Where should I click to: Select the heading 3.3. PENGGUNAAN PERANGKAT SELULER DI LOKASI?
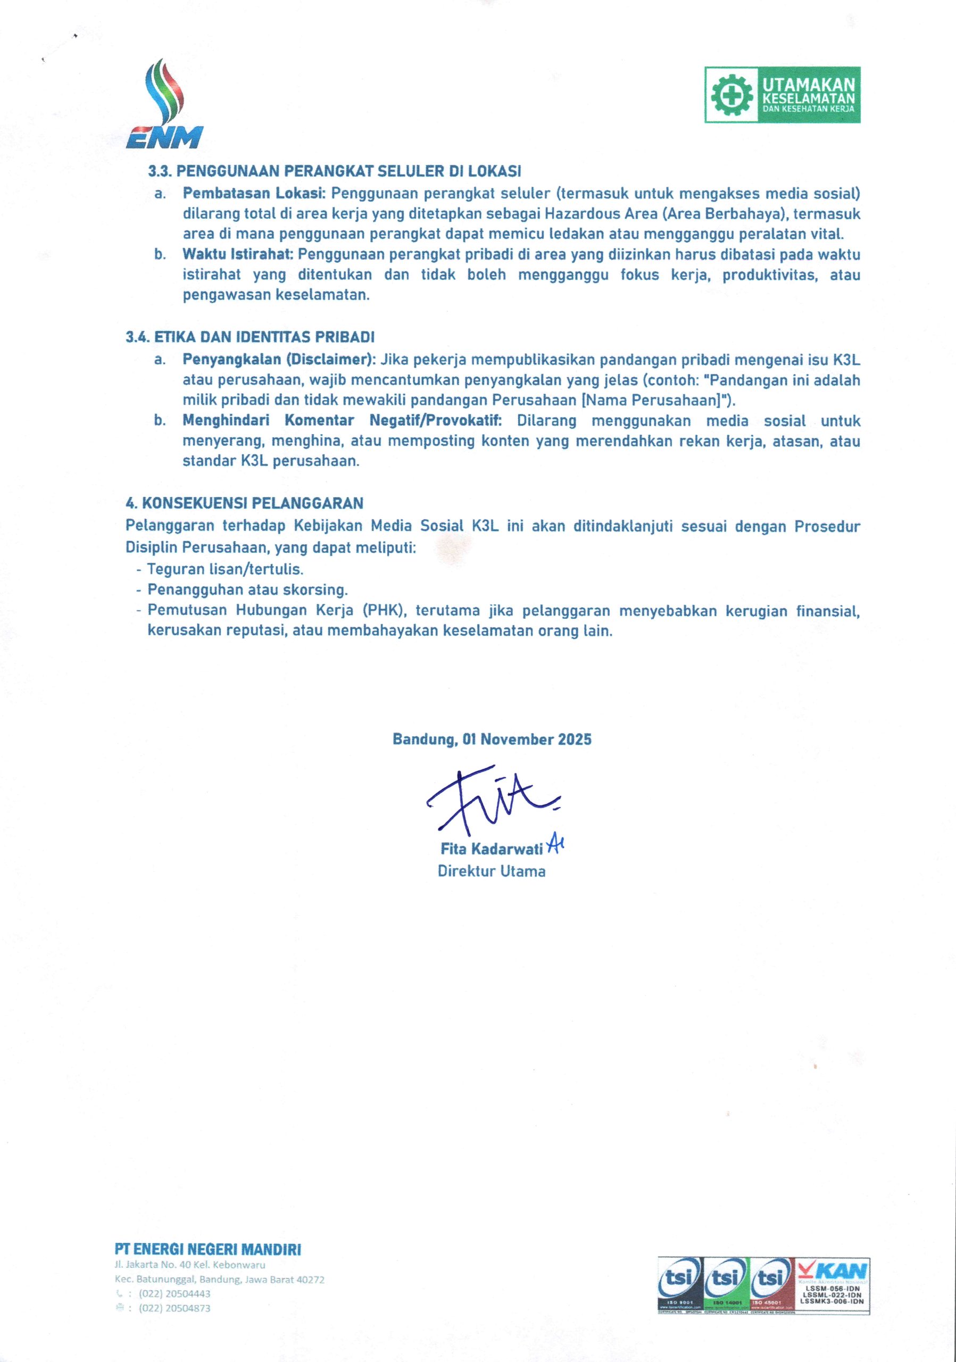click(335, 171)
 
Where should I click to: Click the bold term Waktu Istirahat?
click(238, 254)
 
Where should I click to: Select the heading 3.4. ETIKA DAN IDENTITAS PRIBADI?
click(250, 337)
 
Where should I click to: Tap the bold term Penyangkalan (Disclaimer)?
click(279, 360)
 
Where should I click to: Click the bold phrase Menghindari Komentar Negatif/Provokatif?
click(342, 421)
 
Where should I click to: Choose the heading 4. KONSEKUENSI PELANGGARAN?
click(244, 504)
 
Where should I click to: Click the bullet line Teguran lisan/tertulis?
click(226, 569)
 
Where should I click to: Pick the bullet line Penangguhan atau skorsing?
click(247, 589)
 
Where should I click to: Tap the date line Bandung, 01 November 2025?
click(492, 739)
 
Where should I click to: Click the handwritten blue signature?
click(492, 801)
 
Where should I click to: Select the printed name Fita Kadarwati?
click(492, 849)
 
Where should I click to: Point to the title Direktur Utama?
click(492, 871)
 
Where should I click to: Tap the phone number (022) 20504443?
click(174, 1293)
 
